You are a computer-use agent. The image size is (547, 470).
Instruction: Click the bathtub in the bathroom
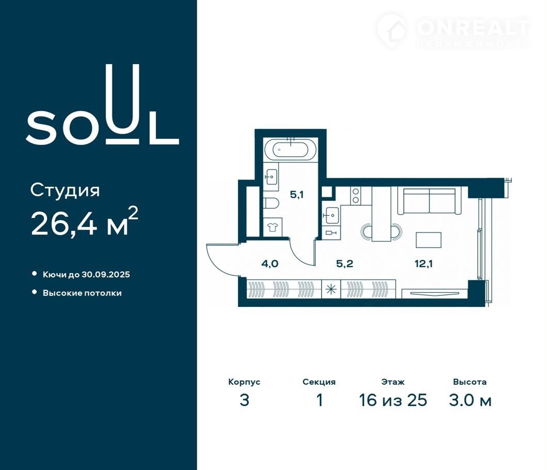point(290,149)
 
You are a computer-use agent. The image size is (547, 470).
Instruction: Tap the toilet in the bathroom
point(271,203)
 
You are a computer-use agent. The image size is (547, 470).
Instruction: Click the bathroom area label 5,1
point(297,194)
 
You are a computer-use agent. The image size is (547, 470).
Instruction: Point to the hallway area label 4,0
point(270,263)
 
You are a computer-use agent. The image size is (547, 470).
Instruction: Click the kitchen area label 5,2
point(345,263)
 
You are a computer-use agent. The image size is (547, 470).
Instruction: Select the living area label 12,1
point(424,263)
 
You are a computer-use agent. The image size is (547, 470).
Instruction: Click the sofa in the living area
point(429,200)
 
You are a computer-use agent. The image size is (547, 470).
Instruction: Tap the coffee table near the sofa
point(428,240)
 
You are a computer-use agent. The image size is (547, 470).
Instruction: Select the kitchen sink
point(331,214)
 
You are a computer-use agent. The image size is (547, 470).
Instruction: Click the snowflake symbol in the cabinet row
point(331,289)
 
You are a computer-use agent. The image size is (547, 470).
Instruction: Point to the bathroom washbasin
point(271,177)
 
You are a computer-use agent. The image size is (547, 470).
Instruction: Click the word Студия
point(65,191)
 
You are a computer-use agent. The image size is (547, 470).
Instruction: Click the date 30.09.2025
point(106,275)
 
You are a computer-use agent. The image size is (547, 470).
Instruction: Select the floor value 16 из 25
point(393,400)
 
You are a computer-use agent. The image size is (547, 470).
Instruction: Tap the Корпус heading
point(244,382)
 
